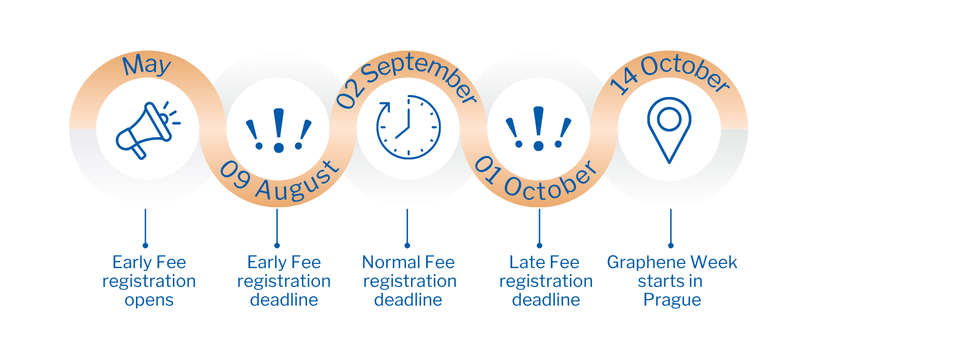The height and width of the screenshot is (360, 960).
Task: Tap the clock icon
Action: pyautogui.click(x=408, y=127)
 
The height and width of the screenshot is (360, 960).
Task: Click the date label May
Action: pyautogui.click(x=147, y=65)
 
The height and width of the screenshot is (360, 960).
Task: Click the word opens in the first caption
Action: pyautogui.click(x=149, y=300)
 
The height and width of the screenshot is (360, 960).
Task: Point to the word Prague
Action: pyautogui.click(x=672, y=300)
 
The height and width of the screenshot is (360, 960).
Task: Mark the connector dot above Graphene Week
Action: pyautogui.click(x=671, y=246)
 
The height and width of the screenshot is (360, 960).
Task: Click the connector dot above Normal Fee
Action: pyautogui.click(x=407, y=246)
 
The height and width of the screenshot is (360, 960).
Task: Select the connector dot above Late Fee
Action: pyautogui.click(x=540, y=246)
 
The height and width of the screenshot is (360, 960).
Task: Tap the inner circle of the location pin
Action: pyautogui.click(x=669, y=119)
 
